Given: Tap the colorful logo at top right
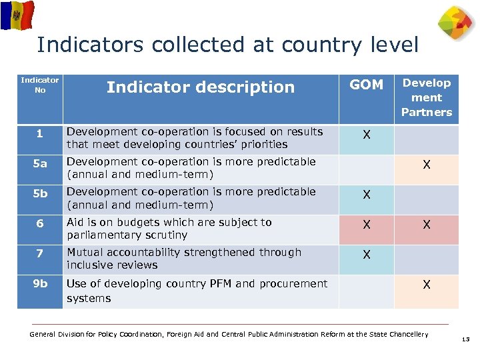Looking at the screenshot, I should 456,23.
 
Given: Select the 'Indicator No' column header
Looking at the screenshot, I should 40,85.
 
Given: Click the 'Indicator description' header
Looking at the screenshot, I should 200,87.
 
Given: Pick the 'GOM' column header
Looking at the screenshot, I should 367,85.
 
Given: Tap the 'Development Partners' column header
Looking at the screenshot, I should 427,97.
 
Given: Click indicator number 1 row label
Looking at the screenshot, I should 40,133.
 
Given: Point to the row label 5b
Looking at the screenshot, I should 40,194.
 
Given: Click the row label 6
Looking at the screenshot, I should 40,224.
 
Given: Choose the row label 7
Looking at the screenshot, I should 40,254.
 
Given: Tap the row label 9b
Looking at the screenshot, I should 40,284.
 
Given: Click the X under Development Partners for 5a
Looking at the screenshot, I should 427,165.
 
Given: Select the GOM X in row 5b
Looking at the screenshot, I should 367,195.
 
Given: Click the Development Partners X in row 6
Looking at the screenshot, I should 427,225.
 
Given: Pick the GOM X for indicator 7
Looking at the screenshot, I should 367,255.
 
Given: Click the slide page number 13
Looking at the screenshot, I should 465,339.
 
